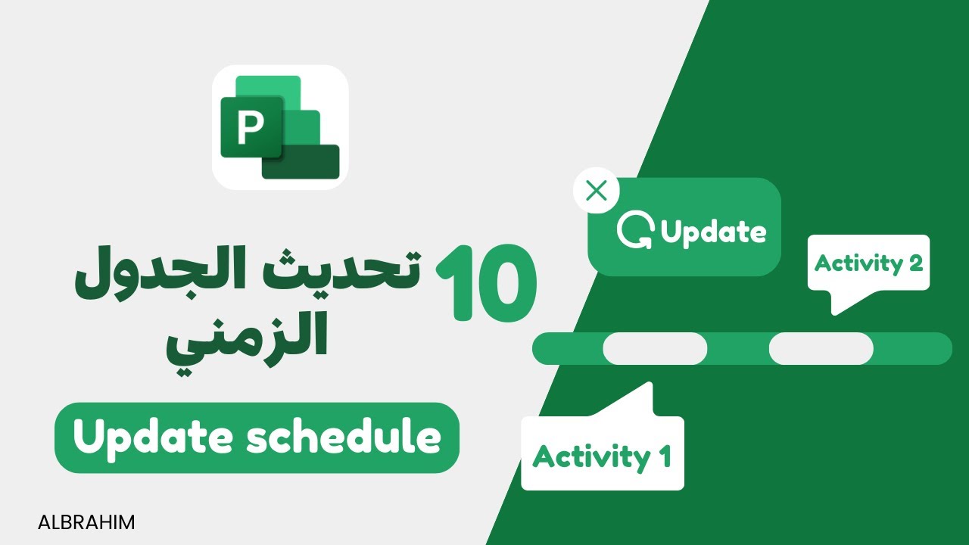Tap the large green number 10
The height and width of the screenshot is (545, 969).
coord(486,283)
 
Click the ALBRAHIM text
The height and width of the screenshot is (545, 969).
coord(86,522)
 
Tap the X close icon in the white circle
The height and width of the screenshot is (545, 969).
coord(597,191)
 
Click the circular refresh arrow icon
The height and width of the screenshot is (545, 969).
coord(634,232)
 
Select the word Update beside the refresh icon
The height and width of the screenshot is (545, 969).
coord(713,232)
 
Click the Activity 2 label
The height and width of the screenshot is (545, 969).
coord(868,263)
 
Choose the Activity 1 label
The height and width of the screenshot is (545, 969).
coord(602,456)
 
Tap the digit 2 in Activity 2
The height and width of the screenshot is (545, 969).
coord(914,263)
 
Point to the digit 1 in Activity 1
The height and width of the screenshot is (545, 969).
coord(663,457)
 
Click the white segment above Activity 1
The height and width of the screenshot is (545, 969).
coord(655,349)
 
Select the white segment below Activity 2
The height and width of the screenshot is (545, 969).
coord(821,349)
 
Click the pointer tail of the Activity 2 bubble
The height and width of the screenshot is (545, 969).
coord(837,302)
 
